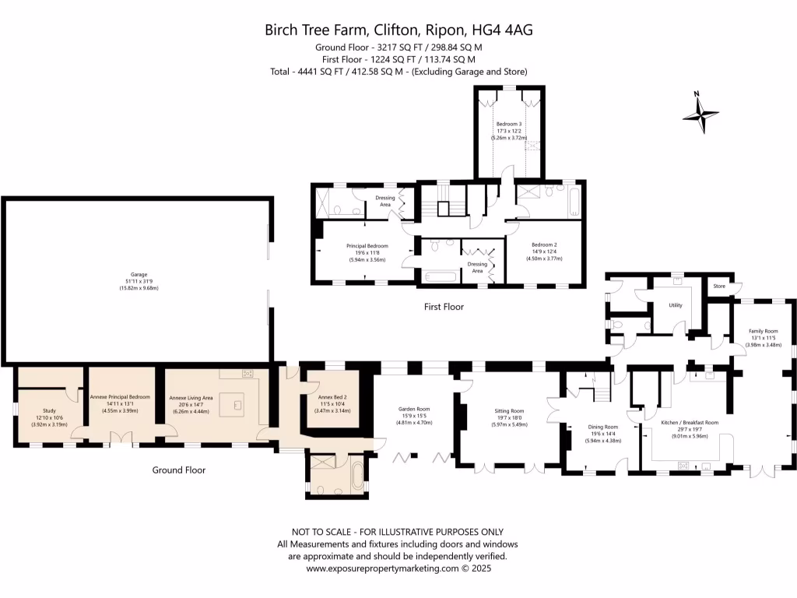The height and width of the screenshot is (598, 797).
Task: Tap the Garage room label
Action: tap(139, 275)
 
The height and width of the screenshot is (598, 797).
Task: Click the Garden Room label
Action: tap(413, 409)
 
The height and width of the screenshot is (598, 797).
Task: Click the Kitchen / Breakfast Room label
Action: tap(689, 422)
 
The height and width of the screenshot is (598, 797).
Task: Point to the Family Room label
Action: tap(763, 331)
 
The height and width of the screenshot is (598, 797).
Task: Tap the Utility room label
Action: tap(675, 305)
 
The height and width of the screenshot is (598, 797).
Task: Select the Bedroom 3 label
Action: tap(509, 125)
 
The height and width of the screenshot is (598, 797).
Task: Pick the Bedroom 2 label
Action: tap(545, 244)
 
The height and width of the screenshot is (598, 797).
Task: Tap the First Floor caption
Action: tap(444, 307)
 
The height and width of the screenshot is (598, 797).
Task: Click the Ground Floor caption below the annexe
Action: tap(178, 470)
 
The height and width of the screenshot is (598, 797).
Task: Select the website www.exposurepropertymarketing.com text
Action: tap(381, 568)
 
